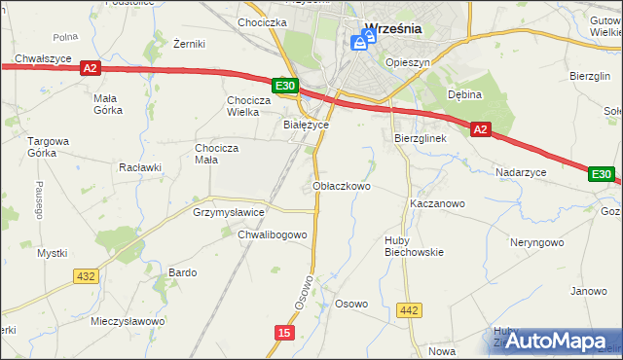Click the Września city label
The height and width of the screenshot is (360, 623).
point(392,28)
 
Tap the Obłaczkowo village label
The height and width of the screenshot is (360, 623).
point(342,185)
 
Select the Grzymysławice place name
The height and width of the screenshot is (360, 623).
point(230,211)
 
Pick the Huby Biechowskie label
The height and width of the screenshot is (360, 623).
point(414,245)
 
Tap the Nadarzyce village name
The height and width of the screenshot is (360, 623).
point(521,171)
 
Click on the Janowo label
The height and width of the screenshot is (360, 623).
point(589,291)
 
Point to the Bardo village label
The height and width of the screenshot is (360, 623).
point(183,272)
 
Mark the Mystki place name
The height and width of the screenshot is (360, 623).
point(52,253)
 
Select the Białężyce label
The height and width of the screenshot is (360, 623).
point(306,125)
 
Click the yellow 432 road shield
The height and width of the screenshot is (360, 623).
point(86,276)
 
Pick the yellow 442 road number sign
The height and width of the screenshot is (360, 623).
point(410,310)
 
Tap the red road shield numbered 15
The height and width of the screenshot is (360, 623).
point(283,333)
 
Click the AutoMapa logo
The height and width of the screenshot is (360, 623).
point(555,341)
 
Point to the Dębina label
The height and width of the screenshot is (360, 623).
point(465,94)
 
